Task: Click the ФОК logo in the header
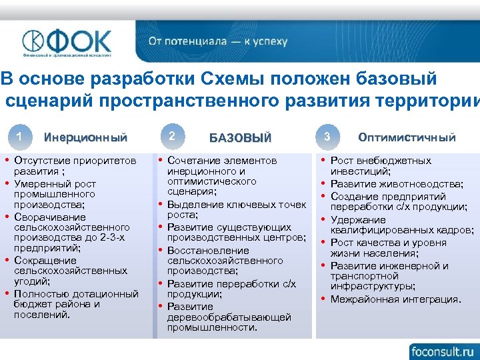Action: click(67, 41)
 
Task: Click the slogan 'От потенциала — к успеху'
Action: click(218, 41)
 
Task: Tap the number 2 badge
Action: click(172, 136)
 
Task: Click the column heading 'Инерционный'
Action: click(85, 138)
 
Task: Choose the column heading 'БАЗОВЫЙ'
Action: click(240, 138)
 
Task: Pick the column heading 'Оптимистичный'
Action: click(407, 137)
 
